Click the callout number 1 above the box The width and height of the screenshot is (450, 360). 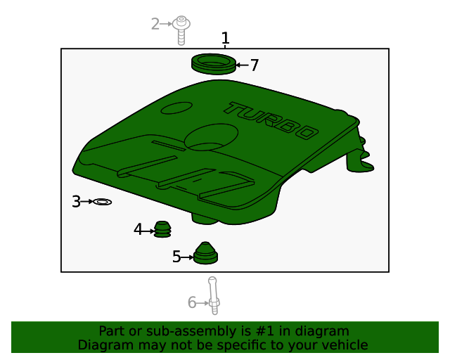pyautogui.click(x=225, y=37)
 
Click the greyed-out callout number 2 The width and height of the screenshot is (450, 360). pyautogui.click(x=155, y=24)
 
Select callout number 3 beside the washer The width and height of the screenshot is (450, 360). pyautogui.click(x=76, y=202)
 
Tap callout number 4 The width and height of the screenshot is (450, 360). pyautogui.click(x=139, y=229)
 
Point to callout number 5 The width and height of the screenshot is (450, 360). pyautogui.click(x=176, y=257)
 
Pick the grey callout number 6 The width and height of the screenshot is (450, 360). pyautogui.click(x=192, y=303)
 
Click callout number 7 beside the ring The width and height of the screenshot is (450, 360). pyautogui.click(x=255, y=65)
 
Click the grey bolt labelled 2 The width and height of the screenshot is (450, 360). pyautogui.click(x=182, y=28)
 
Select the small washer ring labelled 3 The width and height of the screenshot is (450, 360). pyautogui.click(x=103, y=202)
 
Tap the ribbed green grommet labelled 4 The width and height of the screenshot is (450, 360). pyautogui.click(x=163, y=229)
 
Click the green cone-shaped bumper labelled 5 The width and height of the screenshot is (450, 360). pyautogui.click(x=205, y=254)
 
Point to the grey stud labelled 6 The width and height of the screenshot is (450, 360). pyautogui.click(x=214, y=295)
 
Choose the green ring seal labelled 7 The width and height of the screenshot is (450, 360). pyautogui.click(x=213, y=63)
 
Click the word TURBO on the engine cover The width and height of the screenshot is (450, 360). pyautogui.click(x=270, y=120)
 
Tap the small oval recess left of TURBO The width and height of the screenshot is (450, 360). pyautogui.click(x=176, y=108)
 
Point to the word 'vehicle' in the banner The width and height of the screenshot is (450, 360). pyautogui.click(x=344, y=345)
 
